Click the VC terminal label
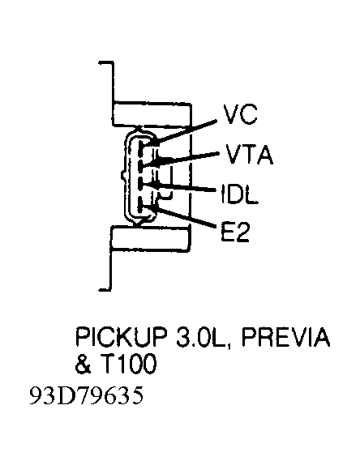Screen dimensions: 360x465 pyautogui.click(x=240, y=114)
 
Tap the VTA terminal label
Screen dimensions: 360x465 pyautogui.click(x=249, y=154)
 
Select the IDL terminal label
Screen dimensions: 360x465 pyautogui.click(x=239, y=194)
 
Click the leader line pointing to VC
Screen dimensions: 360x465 pyautogui.click(x=186, y=132)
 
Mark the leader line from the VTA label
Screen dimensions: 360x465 pyautogui.click(x=185, y=158)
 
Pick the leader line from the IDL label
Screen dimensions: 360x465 pyautogui.click(x=182, y=187)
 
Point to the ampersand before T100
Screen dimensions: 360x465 pyautogui.click(x=84, y=363)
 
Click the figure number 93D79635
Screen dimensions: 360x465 pyautogui.click(x=87, y=395)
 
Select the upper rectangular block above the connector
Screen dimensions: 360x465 pyautogui.click(x=152, y=114)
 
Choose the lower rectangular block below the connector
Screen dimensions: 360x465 pyautogui.click(x=149, y=239)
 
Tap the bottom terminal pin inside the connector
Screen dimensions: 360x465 pyautogui.click(x=141, y=211)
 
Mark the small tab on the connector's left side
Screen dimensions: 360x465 pyautogui.click(x=123, y=175)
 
